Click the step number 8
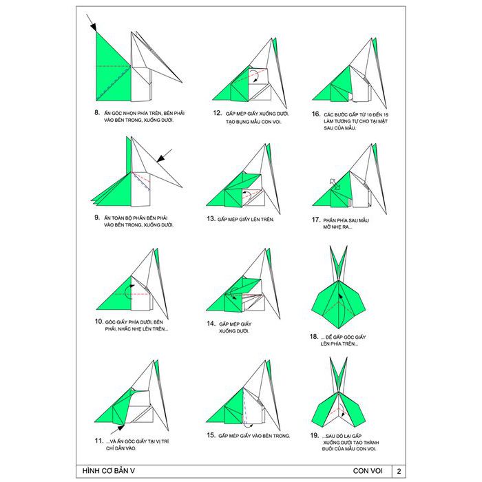pos(97,112)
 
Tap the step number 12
pos(218,113)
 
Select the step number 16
pos(316,114)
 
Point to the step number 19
pos(315,435)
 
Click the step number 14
pos(211,324)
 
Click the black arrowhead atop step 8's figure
pos(94,27)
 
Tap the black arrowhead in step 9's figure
pos(160,158)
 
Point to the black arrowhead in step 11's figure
pos(120,428)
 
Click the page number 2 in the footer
pos(399,471)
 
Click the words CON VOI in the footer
pos(368,471)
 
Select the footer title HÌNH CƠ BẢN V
pos(109,471)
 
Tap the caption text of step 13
pos(246,219)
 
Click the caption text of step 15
pos(254,436)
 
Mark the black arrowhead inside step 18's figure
pos(340,297)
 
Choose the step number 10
pos(98,322)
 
